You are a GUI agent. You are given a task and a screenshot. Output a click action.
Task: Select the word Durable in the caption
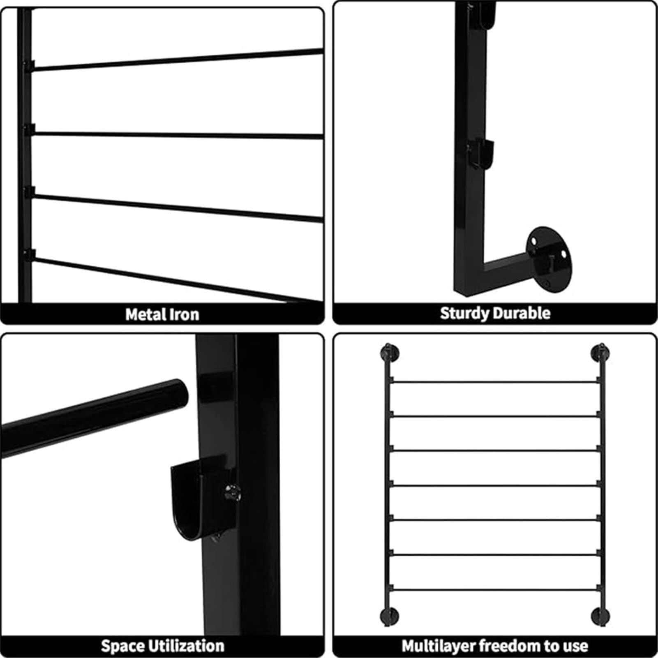coord(522,313)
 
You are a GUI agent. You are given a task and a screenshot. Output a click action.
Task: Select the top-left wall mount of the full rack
coord(388,353)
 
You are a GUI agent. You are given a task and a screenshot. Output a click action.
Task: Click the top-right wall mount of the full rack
coord(600,353)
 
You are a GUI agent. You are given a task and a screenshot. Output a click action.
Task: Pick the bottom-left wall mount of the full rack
coord(389,616)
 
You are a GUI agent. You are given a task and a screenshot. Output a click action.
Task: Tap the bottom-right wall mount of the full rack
coord(600,616)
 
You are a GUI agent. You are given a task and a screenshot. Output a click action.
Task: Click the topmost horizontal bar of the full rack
coord(494,382)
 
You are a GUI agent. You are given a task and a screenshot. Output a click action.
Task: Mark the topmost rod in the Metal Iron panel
coord(178,60)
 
